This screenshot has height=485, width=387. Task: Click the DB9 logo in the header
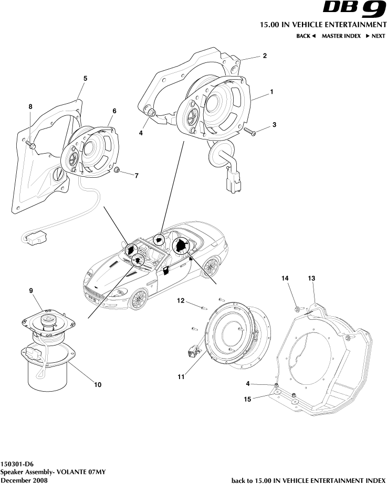[x=354, y=9]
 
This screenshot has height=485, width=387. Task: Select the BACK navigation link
[x=306, y=36]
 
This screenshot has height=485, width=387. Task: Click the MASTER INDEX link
[x=341, y=36]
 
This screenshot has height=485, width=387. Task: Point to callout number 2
[x=265, y=56]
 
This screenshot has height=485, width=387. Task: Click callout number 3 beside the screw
[x=274, y=125]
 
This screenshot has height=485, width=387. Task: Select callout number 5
[x=85, y=78]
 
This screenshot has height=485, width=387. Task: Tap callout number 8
[x=30, y=106]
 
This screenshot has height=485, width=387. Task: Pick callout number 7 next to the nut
[x=137, y=176]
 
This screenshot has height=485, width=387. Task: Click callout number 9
[x=31, y=290]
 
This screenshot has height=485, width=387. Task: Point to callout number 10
[x=97, y=384]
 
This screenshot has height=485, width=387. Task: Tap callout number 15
[x=248, y=399]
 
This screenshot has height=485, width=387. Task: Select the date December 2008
[x=24, y=480]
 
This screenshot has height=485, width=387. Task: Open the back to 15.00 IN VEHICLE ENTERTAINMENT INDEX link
[x=309, y=480]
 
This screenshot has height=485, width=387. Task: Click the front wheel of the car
[x=139, y=299]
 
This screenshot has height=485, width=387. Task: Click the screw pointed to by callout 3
[x=250, y=132]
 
